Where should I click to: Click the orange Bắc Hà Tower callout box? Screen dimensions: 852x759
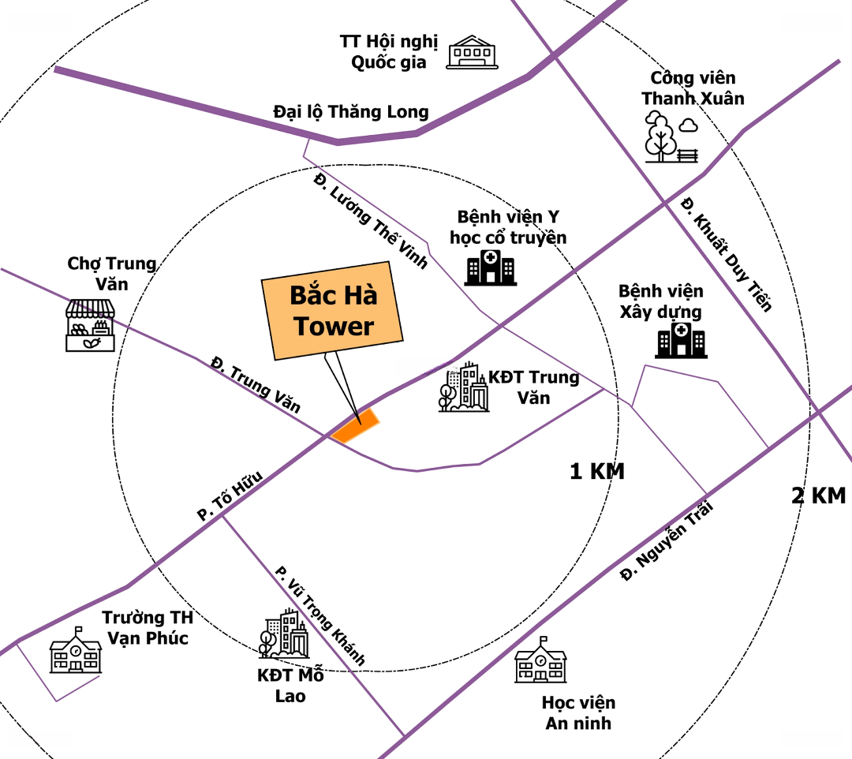(x=332, y=311)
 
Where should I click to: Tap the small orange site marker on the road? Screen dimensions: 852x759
(x=355, y=426)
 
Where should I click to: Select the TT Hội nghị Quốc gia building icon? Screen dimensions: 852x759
(x=472, y=52)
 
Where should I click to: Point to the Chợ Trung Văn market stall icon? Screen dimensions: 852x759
(x=90, y=325)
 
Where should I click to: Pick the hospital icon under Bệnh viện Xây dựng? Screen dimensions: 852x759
(x=681, y=340)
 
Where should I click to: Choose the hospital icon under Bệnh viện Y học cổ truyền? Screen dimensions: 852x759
(x=491, y=267)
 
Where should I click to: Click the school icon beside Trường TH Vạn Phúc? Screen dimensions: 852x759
(x=76, y=650)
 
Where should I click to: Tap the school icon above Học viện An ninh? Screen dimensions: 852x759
(x=540, y=660)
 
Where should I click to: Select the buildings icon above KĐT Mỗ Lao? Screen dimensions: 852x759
(x=284, y=634)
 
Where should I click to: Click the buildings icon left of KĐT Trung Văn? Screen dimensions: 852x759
(x=464, y=387)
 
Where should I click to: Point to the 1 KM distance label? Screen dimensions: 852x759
(x=597, y=472)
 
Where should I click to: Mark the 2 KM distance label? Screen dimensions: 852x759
(x=819, y=496)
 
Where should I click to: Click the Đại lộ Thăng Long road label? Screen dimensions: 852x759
(x=351, y=112)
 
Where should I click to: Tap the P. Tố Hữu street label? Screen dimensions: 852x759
(x=230, y=495)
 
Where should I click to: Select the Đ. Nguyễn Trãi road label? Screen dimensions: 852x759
(x=667, y=540)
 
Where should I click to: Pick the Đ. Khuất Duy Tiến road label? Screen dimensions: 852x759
(x=726, y=254)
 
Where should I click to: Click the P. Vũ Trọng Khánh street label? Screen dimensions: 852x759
(x=319, y=615)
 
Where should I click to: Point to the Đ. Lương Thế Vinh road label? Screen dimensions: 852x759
(x=371, y=221)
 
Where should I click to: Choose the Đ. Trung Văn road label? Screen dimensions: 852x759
(x=256, y=385)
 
